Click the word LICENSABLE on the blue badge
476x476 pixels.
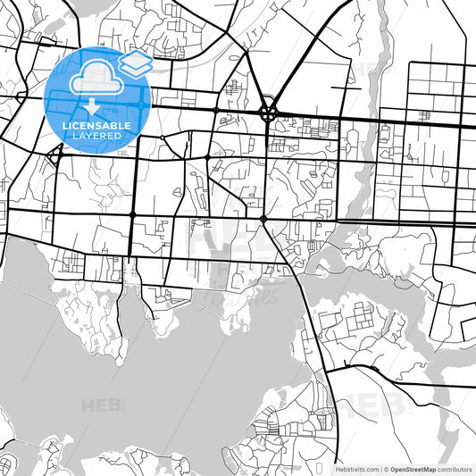(97, 126)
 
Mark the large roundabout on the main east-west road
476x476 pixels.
(268, 113)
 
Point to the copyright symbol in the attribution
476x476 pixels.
(387, 469)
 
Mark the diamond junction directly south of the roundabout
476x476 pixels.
(263, 218)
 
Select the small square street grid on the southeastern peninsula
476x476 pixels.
(360, 317)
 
